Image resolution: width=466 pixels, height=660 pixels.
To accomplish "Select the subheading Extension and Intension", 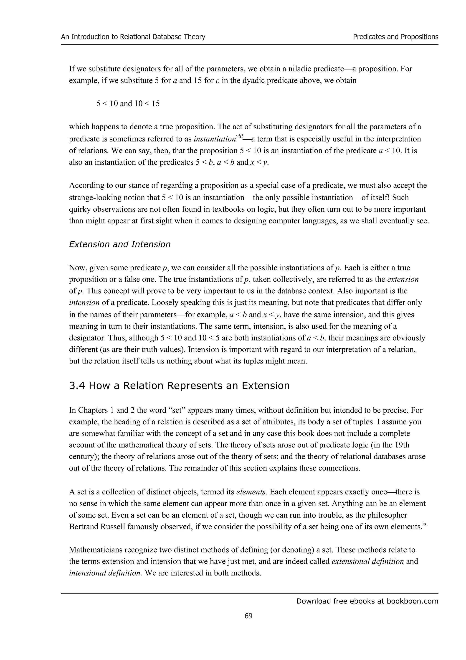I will (x=120, y=244).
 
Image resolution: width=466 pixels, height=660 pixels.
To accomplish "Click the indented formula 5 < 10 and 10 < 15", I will (x=128, y=103).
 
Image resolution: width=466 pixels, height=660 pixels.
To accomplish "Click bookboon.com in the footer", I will (x=412, y=601).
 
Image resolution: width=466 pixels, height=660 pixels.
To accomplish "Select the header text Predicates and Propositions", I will (x=395, y=37).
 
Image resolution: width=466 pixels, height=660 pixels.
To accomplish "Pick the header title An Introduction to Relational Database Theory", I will (x=133, y=37).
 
